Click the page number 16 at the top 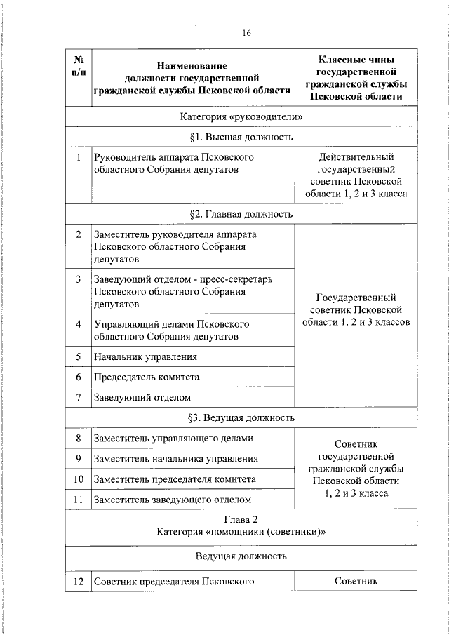pos(246,33)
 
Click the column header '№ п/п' pos(79,67)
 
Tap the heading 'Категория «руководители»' pos(241,116)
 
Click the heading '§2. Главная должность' pos(241,213)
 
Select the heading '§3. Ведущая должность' pos(241,417)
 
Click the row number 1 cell pos(79,157)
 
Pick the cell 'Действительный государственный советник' pos(357,175)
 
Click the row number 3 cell pos(79,279)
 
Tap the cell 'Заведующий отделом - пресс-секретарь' pos(183,291)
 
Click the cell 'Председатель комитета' pos(147,377)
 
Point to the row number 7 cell pos(79,397)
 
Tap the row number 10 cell pos(79,479)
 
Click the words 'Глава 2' pos(241,520)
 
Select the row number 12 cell pos(79,581)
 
